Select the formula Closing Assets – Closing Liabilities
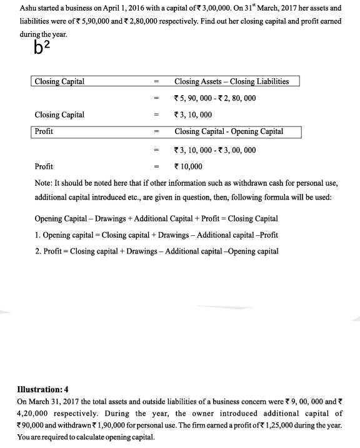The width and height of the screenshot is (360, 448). click(231, 81)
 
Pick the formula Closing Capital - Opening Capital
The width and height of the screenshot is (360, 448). click(229, 131)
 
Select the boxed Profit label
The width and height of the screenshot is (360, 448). click(44, 131)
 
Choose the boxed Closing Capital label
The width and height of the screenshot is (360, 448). click(59, 81)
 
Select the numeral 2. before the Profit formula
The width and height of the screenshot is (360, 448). click(39, 251)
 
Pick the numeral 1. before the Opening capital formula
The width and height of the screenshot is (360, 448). click(39, 235)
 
